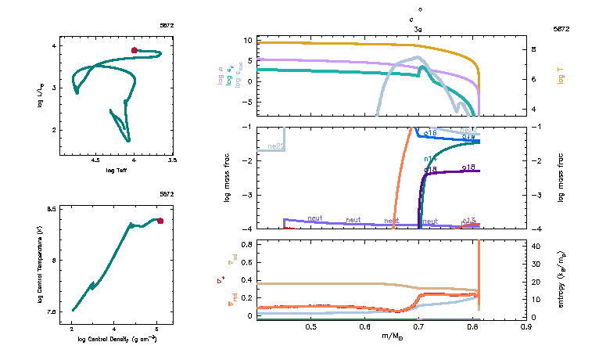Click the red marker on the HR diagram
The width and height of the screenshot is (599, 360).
(135, 50)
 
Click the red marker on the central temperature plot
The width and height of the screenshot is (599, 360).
(160, 221)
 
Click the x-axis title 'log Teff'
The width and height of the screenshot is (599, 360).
(117, 170)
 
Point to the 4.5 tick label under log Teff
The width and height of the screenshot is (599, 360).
(96, 160)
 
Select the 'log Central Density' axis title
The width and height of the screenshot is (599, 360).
(117, 339)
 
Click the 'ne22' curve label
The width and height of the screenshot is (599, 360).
(275, 146)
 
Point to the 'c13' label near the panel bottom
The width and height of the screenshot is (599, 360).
(469, 221)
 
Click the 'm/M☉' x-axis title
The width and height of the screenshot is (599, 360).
(391, 337)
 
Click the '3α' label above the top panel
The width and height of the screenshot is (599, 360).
(419, 29)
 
